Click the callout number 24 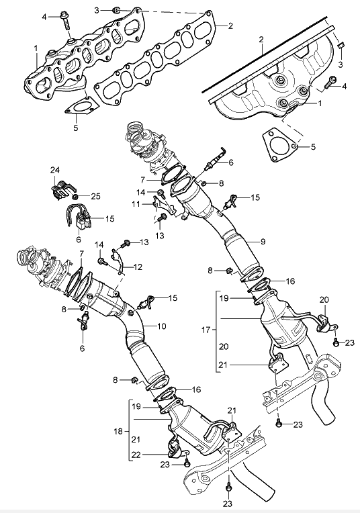coord(55,170)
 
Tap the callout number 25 coord(95,196)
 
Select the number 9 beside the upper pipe coord(263,242)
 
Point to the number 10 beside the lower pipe coord(162,326)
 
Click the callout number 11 coord(136,204)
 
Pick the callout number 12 coord(138,267)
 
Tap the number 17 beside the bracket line coord(206,330)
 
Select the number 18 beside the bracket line coord(118,431)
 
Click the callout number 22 coord(136,455)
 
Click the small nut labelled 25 coord(75,196)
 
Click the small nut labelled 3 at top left coord(116,11)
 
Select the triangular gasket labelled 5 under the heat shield coord(280,146)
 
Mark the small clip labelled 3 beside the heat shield coord(340,45)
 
